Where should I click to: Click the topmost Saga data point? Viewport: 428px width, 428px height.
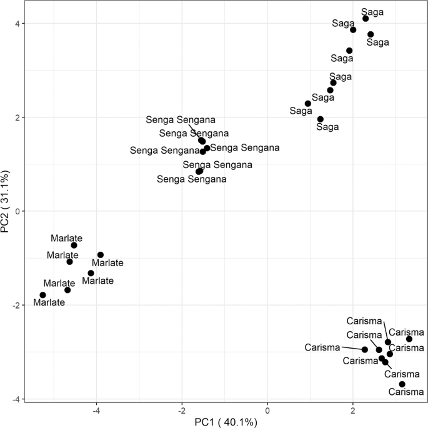(x=366, y=19)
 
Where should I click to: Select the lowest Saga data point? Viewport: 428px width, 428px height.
(x=321, y=119)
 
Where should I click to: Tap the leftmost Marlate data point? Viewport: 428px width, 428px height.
(x=42, y=295)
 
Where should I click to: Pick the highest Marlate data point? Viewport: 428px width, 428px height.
(x=74, y=246)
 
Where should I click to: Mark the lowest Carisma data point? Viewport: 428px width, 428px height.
(x=402, y=384)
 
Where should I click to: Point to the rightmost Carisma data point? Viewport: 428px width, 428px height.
(x=409, y=339)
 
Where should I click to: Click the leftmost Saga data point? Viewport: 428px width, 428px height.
(x=308, y=104)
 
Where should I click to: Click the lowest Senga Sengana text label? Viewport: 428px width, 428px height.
(x=191, y=179)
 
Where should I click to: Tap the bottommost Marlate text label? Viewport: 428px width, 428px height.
(x=49, y=303)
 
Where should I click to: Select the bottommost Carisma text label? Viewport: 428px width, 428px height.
(x=406, y=393)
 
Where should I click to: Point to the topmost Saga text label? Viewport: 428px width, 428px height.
(x=373, y=11)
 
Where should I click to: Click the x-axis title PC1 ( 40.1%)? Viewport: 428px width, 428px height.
(x=224, y=422)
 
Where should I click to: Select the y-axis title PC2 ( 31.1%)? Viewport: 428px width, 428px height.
(x=7, y=204)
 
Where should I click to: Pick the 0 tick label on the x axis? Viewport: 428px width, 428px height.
(x=267, y=411)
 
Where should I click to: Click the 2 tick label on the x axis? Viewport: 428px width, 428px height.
(x=353, y=411)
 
